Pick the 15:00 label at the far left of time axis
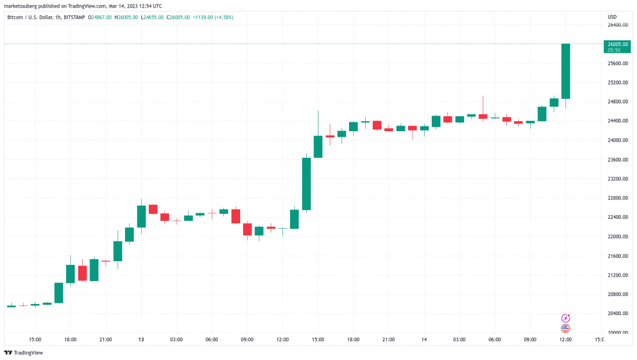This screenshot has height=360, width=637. click(35, 339)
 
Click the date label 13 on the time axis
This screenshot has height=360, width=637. click(141, 339)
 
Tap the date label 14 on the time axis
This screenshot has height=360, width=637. click(425, 339)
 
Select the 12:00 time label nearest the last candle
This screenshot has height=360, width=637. click(566, 339)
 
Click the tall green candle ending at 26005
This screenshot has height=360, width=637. click(566, 71)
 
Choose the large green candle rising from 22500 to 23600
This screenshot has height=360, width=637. click(307, 183)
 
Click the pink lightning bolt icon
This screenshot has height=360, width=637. click(565, 318)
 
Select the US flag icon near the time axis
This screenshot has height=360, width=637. click(565, 328)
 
